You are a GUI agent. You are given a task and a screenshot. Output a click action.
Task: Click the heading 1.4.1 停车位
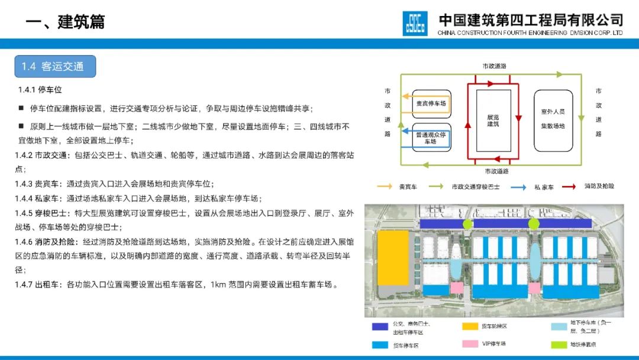(x=40, y=90)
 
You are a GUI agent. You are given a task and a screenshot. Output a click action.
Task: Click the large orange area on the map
(x=393, y=258)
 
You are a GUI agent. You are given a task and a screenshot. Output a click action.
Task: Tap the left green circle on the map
(x=468, y=224)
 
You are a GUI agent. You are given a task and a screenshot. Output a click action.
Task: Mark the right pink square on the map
(x=534, y=288)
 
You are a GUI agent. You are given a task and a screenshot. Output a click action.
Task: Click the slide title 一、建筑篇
(x=65, y=22)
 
